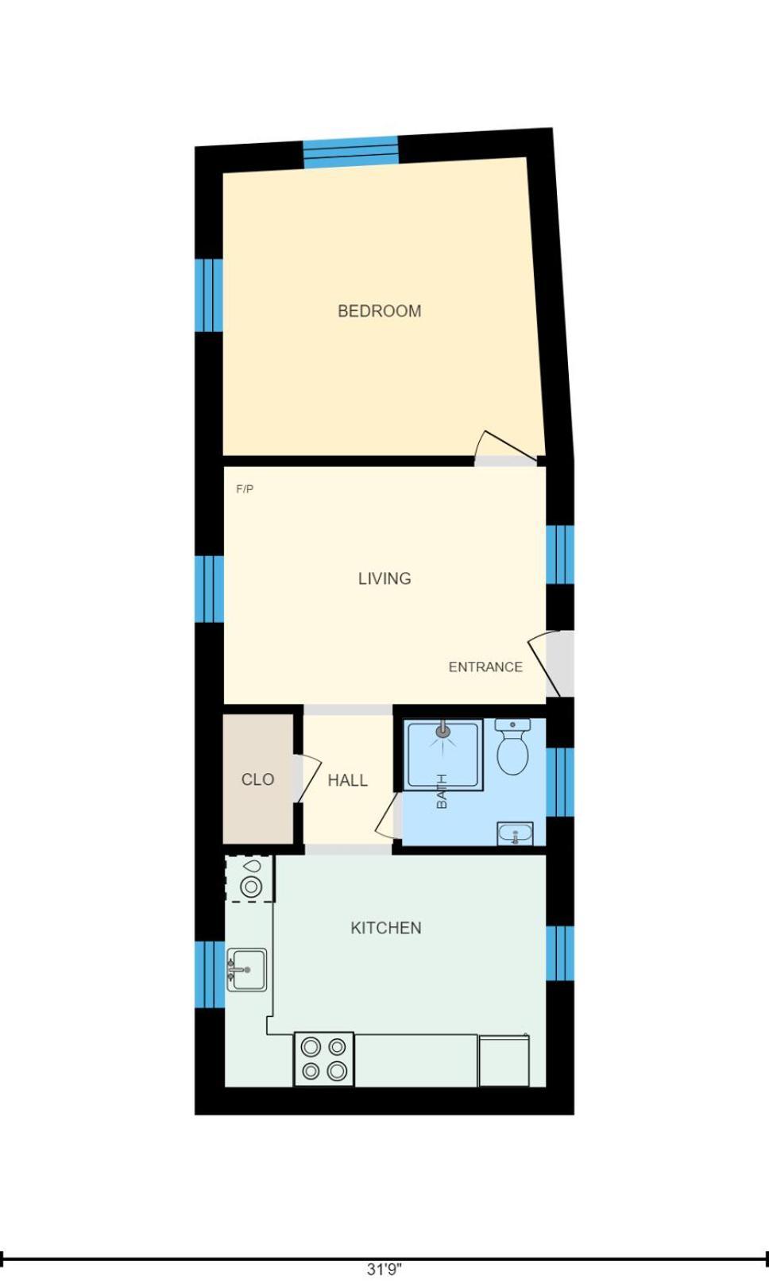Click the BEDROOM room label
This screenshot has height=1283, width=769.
click(379, 311)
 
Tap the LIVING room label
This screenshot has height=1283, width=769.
click(384, 578)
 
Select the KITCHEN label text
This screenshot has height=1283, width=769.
click(385, 928)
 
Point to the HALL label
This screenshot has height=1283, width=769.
click(347, 780)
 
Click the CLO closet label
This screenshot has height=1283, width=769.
click(257, 779)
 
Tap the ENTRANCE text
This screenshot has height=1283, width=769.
click(485, 667)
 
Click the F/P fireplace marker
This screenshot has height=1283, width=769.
click(245, 489)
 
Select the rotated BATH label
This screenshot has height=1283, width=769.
click(442, 791)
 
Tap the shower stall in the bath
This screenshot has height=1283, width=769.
click(443, 755)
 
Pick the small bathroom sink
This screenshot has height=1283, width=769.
click(515, 834)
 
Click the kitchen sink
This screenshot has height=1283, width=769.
click(247, 969)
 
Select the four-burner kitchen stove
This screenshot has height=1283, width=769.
click(324, 1059)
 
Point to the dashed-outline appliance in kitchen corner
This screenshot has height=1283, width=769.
click(250, 879)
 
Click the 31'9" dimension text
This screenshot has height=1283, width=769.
click(384, 1269)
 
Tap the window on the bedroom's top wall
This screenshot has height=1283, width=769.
click(350, 152)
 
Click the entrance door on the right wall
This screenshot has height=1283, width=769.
click(553, 664)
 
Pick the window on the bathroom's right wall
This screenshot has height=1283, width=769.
click(559, 782)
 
